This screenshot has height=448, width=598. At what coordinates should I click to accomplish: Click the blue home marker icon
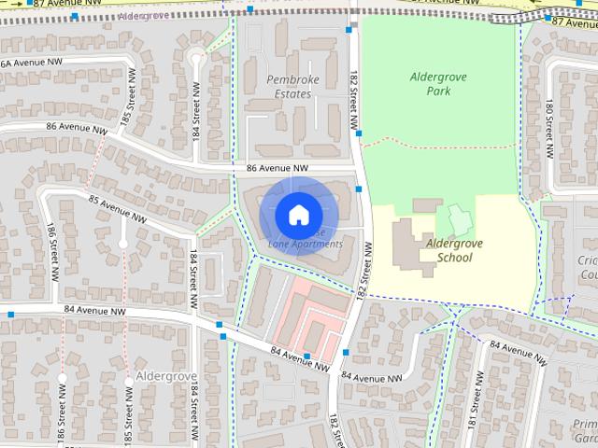(297, 215)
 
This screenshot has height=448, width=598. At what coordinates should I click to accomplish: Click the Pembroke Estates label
(292, 87)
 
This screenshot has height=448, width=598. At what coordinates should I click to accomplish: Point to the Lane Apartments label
(306, 244)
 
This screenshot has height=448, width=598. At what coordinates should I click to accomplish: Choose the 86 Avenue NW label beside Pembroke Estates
(278, 169)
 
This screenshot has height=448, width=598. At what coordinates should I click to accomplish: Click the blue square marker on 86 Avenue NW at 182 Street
(359, 188)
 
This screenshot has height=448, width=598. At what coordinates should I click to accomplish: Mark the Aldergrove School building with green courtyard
(457, 220)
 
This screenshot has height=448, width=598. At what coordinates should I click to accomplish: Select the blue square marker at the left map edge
(10, 315)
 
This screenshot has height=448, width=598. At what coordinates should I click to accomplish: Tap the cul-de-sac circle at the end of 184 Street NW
(195, 59)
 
